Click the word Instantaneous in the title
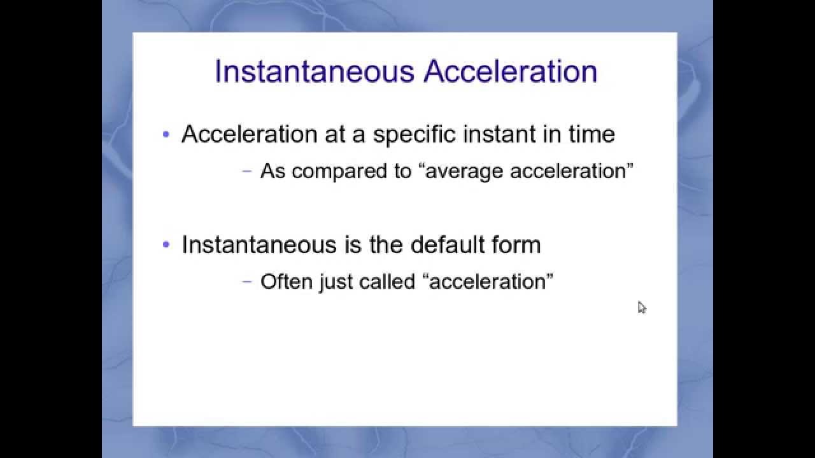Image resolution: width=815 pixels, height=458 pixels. [315, 71]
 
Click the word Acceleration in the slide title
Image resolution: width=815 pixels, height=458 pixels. [511, 71]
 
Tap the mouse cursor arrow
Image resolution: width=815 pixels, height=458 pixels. [641, 307]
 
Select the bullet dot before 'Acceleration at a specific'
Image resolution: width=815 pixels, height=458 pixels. [167, 135]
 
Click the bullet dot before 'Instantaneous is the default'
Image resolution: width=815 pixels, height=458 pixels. [167, 244]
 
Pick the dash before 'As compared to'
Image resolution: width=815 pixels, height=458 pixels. [247, 171]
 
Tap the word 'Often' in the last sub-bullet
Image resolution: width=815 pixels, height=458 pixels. [287, 281]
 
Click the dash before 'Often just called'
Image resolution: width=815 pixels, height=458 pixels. [247, 281]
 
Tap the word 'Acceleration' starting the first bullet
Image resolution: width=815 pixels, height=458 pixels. [249, 134]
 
